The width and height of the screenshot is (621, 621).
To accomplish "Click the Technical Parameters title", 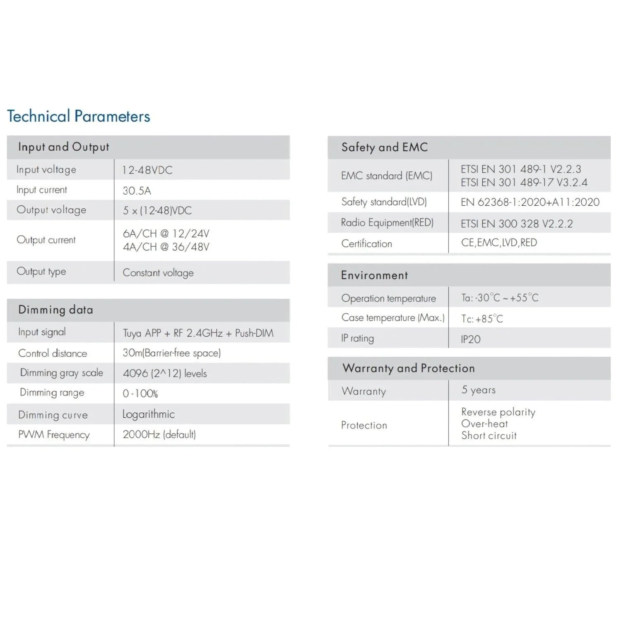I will click(x=79, y=116).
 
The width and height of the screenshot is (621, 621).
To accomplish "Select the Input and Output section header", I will click(x=63, y=147).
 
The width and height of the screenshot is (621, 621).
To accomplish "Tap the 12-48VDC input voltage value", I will click(x=147, y=170).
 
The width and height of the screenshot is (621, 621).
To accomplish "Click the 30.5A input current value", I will click(x=137, y=191).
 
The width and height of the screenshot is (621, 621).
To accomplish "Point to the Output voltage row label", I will click(x=51, y=210).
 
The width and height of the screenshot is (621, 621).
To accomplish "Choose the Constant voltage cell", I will click(x=158, y=273).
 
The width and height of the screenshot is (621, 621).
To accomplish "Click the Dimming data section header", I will click(x=55, y=310).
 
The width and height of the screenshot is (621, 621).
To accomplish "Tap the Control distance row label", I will click(x=53, y=353).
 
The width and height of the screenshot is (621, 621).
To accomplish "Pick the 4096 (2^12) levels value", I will click(x=164, y=373).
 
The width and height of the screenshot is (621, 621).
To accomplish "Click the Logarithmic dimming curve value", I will click(x=148, y=414).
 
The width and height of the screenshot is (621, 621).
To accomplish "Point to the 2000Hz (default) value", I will click(x=159, y=434).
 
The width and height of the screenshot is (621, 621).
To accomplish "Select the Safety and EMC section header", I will click(x=384, y=147).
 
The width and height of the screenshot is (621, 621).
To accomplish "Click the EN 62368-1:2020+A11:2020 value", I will click(x=530, y=202).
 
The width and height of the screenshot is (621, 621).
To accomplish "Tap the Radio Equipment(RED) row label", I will click(x=387, y=223).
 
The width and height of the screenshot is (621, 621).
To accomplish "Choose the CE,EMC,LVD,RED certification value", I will click(x=499, y=243).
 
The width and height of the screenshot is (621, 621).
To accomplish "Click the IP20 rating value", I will click(x=471, y=339).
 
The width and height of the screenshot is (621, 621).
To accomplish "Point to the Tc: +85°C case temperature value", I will click(x=482, y=319).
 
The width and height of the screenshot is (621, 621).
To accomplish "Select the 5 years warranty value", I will click(x=478, y=390).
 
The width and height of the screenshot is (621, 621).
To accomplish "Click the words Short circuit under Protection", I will click(x=489, y=436).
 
